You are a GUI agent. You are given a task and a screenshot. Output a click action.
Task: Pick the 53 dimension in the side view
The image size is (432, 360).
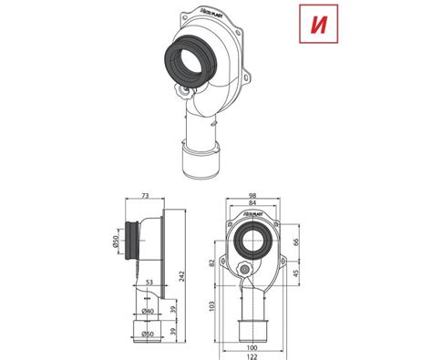[147, 283]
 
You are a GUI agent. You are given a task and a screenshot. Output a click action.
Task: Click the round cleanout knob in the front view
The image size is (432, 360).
[243, 270]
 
